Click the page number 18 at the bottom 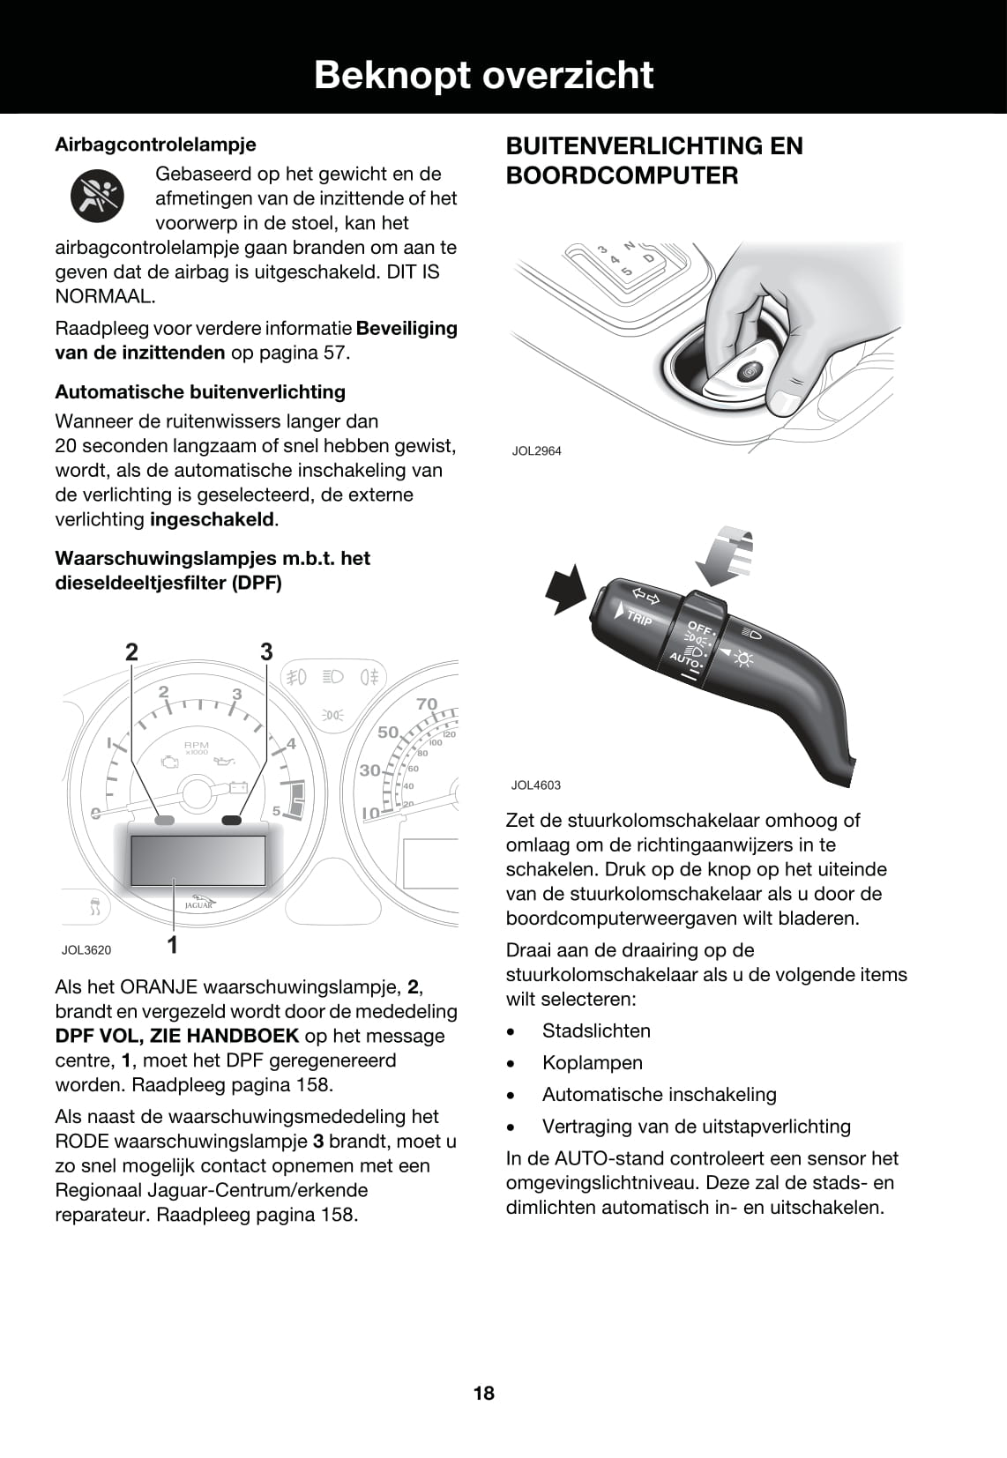[484, 1393]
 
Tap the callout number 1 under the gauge [173, 944]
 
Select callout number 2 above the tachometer [131, 652]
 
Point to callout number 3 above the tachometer [266, 652]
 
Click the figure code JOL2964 [536, 451]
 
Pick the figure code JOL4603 [535, 785]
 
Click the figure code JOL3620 [86, 950]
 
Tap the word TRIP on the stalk [639, 618]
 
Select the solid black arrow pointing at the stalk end [565, 590]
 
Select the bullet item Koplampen [592, 1063]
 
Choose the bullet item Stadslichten [596, 1031]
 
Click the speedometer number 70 [427, 703]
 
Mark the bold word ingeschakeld [213, 519]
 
